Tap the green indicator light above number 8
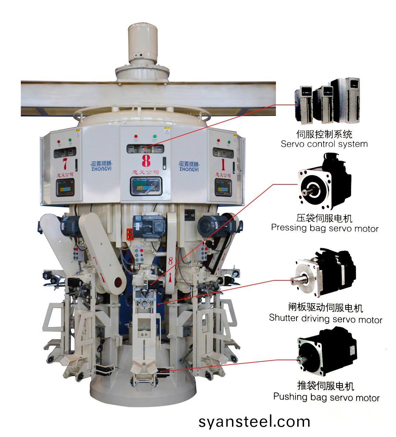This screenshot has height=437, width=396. (x=155, y=136)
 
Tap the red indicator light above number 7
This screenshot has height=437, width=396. (x=59, y=141)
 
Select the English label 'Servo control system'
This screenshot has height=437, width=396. (x=324, y=144)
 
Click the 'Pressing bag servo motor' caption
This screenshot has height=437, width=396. (x=324, y=228)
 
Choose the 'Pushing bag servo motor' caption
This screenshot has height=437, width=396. (x=326, y=397)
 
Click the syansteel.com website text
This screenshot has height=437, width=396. (x=254, y=421)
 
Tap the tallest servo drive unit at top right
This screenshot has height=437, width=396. (x=347, y=99)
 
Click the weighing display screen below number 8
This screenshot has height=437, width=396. (x=145, y=187)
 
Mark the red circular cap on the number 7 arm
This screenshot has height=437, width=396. (x=117, y=282)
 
